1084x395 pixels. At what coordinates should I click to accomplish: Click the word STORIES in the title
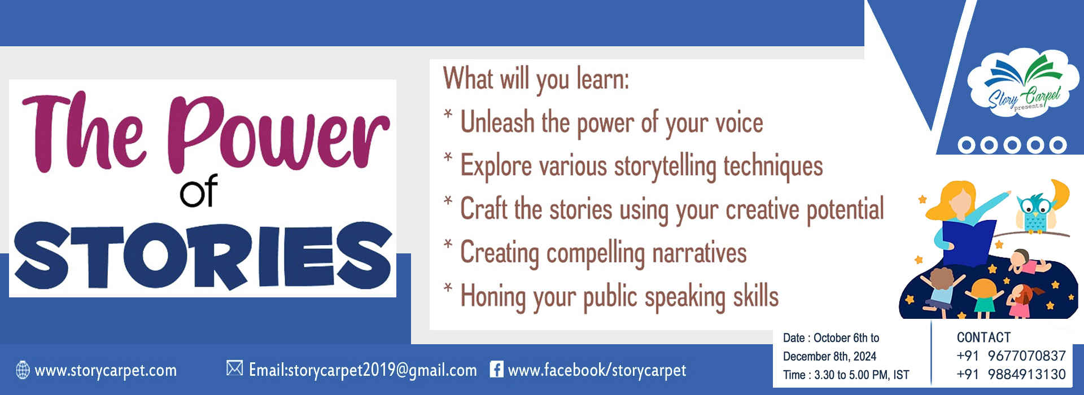coord(203,255)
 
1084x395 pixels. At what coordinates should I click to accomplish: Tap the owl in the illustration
coord(1035,212)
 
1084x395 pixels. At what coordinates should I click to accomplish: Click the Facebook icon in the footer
coord(496,369)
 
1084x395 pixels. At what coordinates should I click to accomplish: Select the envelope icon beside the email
coord(234,368)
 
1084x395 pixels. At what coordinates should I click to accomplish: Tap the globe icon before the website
coord(23,370)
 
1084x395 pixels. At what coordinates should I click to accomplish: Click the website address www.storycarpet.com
coord(106,371)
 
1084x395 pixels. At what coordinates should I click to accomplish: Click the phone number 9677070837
coord(1026,356)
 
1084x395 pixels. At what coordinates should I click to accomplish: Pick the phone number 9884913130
coord(1026,375)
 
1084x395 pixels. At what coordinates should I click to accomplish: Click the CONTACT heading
coord(984,337)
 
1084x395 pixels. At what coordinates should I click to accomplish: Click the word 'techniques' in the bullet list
coord(773,166)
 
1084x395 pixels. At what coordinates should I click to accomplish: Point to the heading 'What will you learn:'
coord(536,80)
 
